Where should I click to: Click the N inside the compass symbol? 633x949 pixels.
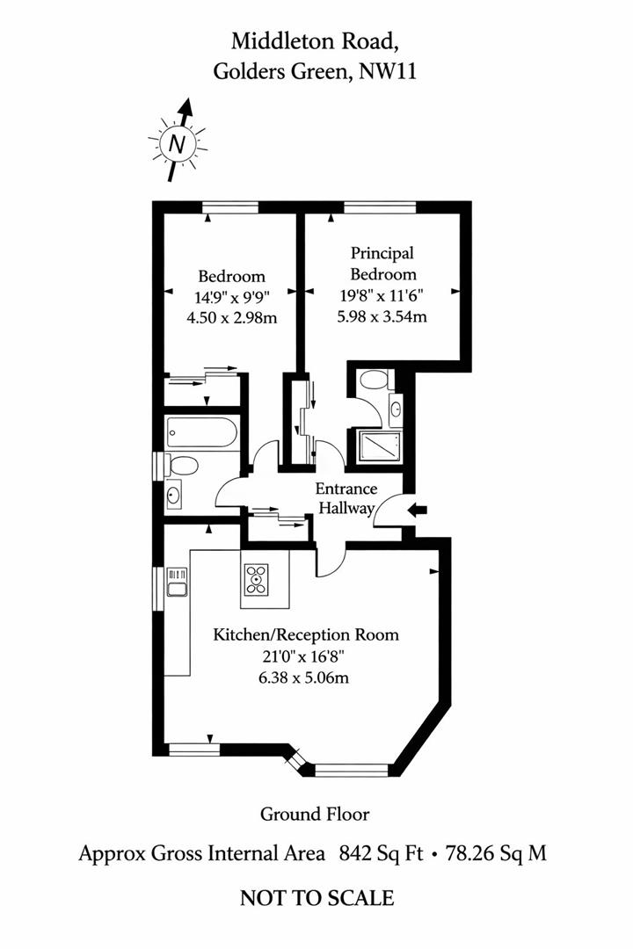[x=178, y=143]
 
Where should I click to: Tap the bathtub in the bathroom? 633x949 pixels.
[x=201, y=433]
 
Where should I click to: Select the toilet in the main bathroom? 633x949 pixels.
[x=182, y=465]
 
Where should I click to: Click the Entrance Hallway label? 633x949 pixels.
[x=346, y=498]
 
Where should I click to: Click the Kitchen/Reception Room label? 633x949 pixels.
[x=306, y=634]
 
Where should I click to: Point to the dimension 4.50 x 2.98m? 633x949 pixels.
[x=231, y=317]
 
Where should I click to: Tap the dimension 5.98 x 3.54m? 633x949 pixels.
[x=382, y=316]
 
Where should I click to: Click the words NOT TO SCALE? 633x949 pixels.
[x=316, y=897]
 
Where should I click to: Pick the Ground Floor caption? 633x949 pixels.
[x=315, y=815]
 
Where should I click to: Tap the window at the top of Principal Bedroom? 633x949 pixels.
[x=380, y=207]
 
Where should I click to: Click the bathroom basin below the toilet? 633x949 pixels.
[x=173, y=496]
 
